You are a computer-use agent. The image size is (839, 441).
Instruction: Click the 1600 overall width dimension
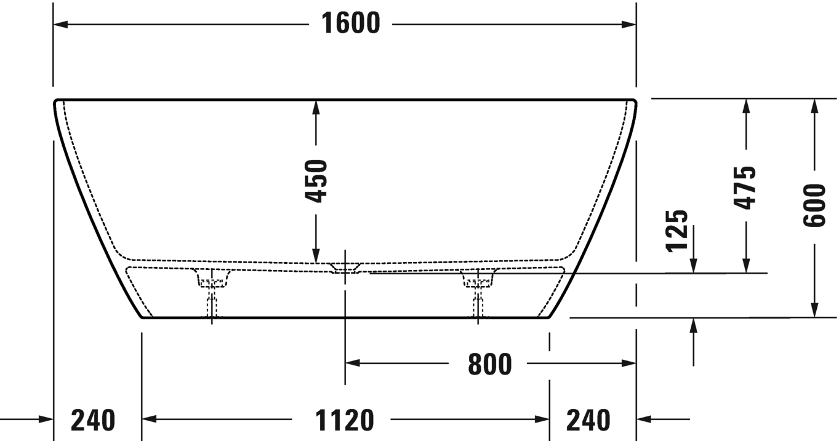tap(351, 24)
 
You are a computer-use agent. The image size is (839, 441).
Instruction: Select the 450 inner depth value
tap(316, 181)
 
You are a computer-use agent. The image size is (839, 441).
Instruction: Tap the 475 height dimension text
tap(746, 188)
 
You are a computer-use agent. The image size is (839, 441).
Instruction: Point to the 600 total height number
tap(814, 205)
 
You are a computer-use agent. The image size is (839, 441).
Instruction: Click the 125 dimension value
tap(677, 231)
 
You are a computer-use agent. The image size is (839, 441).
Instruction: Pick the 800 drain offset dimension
tap(489, 364)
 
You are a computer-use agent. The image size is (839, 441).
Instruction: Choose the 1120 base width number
tap(344, 421)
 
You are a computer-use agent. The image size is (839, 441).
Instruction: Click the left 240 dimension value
tap(93, 421)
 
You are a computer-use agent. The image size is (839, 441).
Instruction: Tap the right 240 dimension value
tap(588, 421)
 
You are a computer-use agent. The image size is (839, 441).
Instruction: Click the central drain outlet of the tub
tap(345, 268)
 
